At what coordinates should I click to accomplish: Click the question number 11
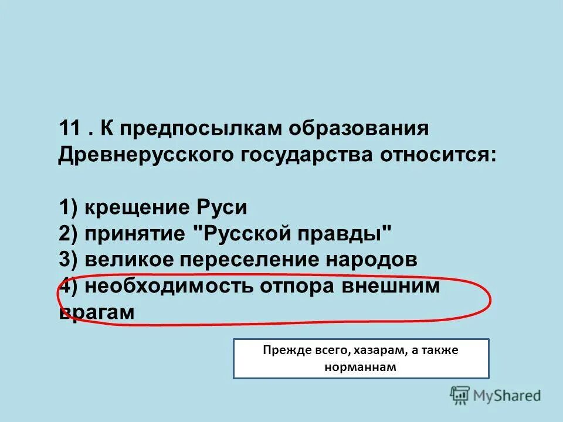point(70,129)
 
